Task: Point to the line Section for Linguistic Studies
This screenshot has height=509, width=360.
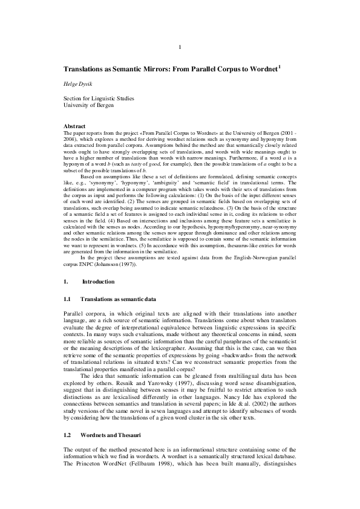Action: [99, 98]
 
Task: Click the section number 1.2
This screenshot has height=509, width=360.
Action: [68, 435]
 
